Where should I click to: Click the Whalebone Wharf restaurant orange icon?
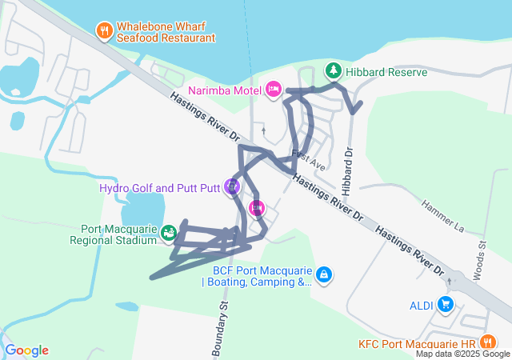(x=105, y=31)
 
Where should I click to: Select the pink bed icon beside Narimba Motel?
(x=272, y=88)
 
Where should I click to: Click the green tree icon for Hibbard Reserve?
(x=332, y=71)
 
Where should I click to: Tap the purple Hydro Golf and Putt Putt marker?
(x=232, y=187)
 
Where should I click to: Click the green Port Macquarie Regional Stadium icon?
(x=168, y=234)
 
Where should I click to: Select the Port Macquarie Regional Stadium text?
(x=113, y=234)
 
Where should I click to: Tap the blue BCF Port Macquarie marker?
(x=323, y=275)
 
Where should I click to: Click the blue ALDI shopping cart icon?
(x=446, y=304)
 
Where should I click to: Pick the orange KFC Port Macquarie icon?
(x=485, y=343)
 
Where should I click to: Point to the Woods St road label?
(x=478, y=261)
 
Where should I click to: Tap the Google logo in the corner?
(x=26, y=350)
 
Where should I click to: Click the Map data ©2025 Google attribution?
(x=462, y=354)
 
